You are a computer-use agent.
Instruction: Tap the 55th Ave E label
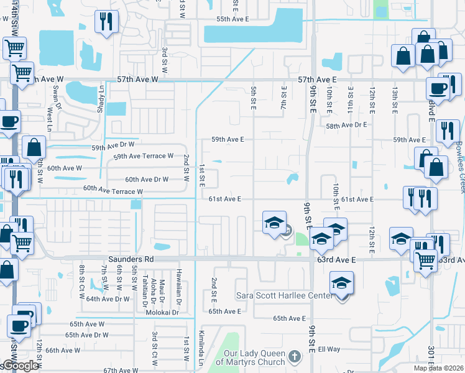(233, 20)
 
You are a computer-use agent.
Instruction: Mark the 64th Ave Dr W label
(108, 299)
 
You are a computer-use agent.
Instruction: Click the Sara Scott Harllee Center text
(283, 296)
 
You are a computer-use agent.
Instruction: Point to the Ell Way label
(329, 349)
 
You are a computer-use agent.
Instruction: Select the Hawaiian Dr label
(178, 289)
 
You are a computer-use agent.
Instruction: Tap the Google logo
(20, 366)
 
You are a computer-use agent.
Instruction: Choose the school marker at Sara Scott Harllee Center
(341, 285)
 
